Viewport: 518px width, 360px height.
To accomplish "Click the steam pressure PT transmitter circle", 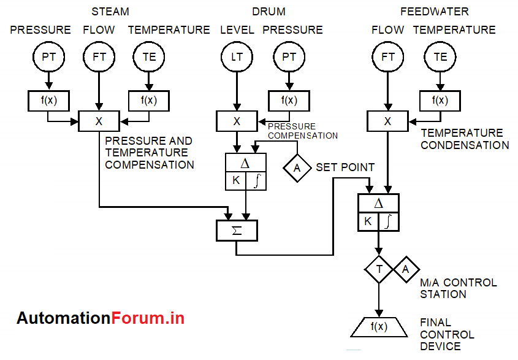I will click(48, 57).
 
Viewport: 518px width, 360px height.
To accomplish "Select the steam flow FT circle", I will click(99, 57).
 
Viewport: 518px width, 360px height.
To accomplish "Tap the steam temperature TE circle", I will click(149, 57).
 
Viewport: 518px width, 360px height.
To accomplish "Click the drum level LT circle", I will click(237, 57).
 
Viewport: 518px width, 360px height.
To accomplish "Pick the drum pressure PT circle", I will click(289, 57).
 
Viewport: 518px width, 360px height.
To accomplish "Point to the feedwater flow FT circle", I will click(387, 57).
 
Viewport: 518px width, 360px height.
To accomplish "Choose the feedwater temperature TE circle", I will click(440, 57).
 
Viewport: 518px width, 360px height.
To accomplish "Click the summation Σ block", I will click(237, 231).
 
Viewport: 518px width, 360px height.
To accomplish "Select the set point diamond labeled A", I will click(298, 167).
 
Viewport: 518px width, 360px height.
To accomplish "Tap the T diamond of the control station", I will click(379, 269).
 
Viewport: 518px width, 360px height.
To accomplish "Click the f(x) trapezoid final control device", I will click(379, 327).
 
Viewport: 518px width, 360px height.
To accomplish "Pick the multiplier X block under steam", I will click(99, 121).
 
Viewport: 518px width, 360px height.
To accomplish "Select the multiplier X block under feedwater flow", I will click(387, 121).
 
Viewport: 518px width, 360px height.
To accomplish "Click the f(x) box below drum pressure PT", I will click(289, 100).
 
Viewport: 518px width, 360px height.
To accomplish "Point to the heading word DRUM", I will click(269, 12).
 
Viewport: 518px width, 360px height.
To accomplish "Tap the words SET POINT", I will click(345, 167).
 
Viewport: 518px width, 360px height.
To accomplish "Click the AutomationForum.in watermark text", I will click(101, 318).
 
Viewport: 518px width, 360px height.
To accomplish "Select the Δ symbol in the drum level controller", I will click(245, 164).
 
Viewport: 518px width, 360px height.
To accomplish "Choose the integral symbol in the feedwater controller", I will click(388, 221).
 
